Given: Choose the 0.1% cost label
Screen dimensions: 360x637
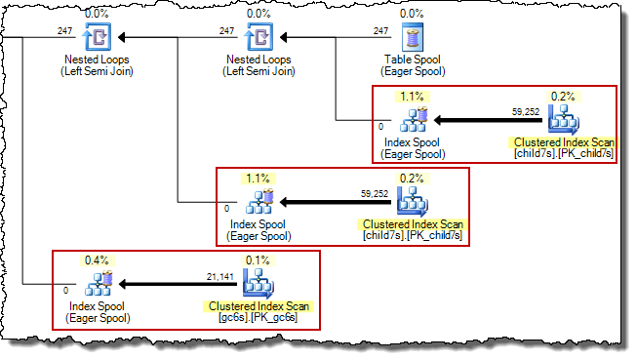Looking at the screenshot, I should click(x=258, y=260).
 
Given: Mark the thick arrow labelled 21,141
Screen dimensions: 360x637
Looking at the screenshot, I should click(x=176, y=287).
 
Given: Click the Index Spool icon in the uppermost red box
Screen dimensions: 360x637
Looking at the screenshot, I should click(x=416, y=120).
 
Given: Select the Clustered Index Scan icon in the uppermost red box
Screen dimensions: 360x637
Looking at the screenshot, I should click(x=564, y=120).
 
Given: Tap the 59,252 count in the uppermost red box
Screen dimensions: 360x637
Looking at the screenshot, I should click(x=525, y=111).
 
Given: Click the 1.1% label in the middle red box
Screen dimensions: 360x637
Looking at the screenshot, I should click(x=258, y=179).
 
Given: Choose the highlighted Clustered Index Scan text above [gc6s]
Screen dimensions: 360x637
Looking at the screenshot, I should click(x=258, y=306).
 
